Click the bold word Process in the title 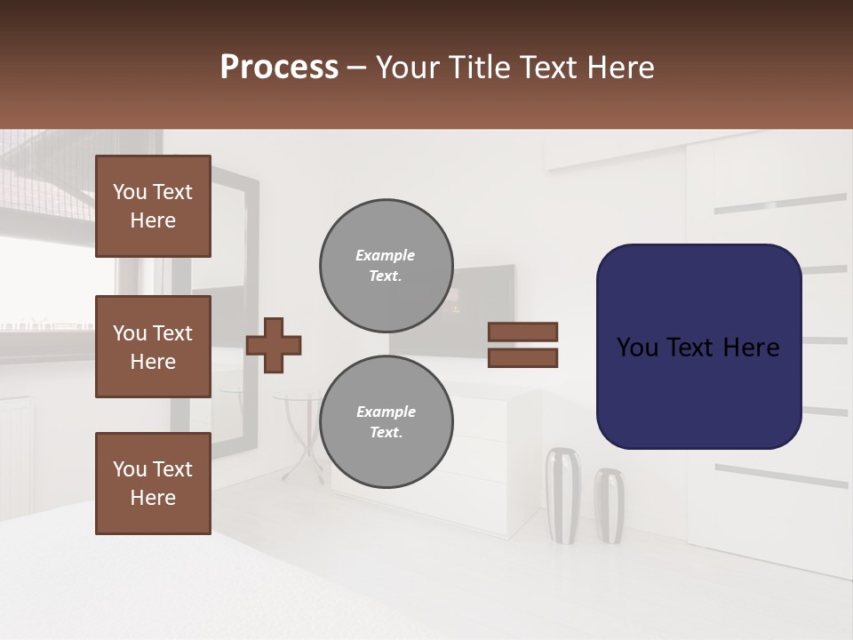[x=279, y=68]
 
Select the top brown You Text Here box [x=153, y=206]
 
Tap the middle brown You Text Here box [x=153, y=347]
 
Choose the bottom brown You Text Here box [x=153, y=484]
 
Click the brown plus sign [x=274, y=345]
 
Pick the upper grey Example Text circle [x=386, y=266]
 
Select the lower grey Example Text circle [x=386, y=422]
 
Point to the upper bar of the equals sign [x=522, y=332]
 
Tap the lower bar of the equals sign [x=522, y=357]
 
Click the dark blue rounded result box [x=698, y=347]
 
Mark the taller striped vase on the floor [x=562, y=495]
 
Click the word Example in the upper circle [x=386, y=256]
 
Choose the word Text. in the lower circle [x=386, y=433]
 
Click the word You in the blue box [x=638, y=348]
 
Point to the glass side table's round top [x=298, y=398]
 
